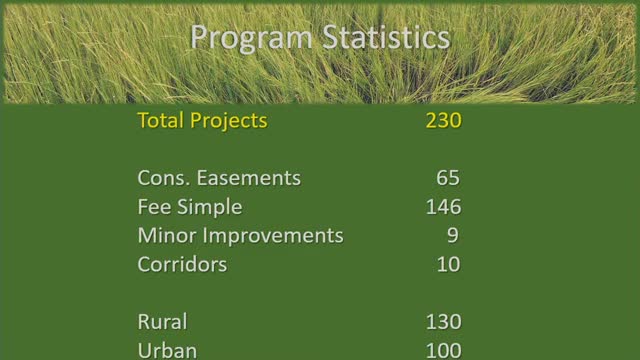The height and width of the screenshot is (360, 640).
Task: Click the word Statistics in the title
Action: click(385, 38)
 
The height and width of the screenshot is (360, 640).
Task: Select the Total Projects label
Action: click(202, 121)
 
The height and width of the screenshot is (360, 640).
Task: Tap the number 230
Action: click(442, 121)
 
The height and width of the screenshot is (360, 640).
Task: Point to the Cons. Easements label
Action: click(219, 178)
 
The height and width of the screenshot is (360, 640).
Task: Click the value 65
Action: click(448, 178)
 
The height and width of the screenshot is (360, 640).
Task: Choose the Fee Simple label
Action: click(189, 207)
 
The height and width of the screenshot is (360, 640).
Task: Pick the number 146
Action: click(442, 207)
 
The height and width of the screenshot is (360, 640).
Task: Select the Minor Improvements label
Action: click(240, 236)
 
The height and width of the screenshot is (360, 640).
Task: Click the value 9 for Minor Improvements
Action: click(454, 236)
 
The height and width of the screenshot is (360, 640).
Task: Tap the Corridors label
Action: click(182, 265)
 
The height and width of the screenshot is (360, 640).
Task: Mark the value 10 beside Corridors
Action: click(448, 265)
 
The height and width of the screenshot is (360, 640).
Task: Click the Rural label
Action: click(162, 322)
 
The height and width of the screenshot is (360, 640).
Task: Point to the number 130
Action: click(442, 322)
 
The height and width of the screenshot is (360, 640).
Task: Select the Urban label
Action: click(167, 350)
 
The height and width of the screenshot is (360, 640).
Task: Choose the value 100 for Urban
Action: click(442, 350)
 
